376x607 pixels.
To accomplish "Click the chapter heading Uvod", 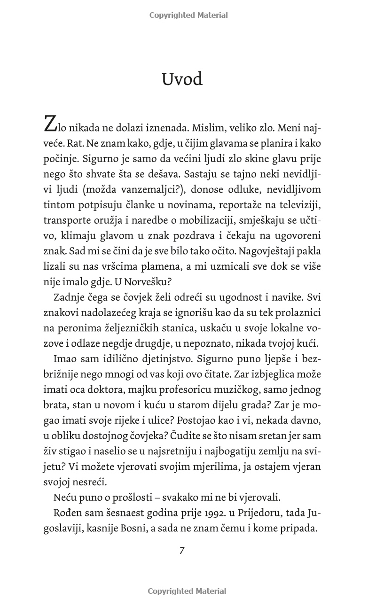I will pyautogui.click(x=182, y=79).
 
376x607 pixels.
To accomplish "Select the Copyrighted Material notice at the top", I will pyautogui.click(x=188, y=15).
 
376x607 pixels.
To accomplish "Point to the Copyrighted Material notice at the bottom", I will pyautogui.click(x=187, y=591).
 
